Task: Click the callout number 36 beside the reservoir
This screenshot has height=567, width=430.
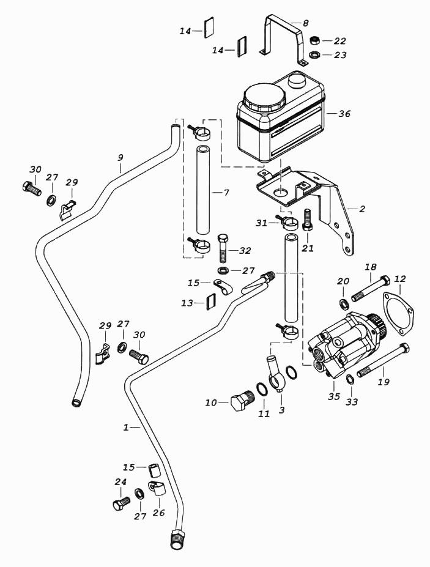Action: pos(344,114)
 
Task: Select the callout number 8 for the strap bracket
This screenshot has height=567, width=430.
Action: pos(306,23)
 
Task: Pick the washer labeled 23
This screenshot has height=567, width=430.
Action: pos(315,55)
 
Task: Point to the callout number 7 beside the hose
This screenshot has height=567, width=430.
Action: pos(226,193)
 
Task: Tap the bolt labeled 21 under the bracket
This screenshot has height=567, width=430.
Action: pos(306,219)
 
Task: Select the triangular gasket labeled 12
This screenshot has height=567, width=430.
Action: pos(398,316)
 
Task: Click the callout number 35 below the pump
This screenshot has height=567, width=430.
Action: pos(334,396)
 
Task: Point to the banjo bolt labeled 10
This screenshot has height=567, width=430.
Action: pos(242,400)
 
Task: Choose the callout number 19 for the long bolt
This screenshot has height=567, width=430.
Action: pos(384,382)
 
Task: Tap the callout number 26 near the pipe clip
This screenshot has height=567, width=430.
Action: pos(159,513)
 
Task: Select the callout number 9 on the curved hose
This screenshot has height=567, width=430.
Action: pos(120,158)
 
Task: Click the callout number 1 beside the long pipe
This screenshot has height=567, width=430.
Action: pos(126,428)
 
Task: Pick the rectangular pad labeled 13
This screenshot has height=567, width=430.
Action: pos(210,302)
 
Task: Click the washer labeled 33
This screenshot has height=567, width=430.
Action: pos(350,379)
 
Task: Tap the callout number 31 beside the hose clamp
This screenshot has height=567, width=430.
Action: pos(261,223)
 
